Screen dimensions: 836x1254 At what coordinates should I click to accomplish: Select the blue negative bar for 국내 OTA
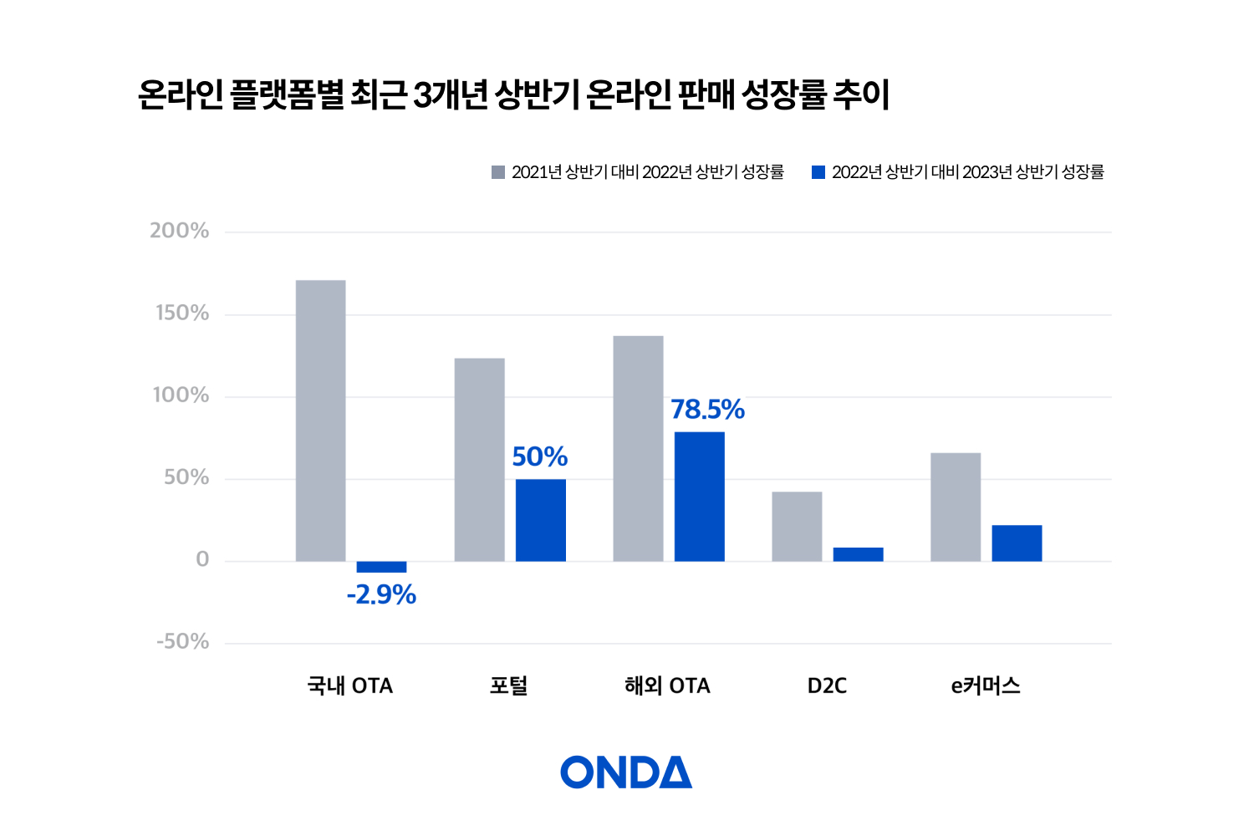(x=381, y=567)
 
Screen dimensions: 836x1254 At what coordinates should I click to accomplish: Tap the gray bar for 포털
(x=479, y=460)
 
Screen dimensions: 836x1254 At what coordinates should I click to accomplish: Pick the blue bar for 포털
(x=540, y=520)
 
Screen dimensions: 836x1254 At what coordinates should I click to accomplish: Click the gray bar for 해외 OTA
(x=638, y=448)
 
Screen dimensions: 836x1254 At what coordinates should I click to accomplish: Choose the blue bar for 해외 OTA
(x=699, y=497)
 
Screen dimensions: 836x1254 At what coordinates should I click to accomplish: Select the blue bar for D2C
(x=858, y=554)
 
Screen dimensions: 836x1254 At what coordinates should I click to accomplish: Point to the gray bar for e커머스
(x=955, y=507)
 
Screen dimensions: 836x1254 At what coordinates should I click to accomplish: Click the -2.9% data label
(x=381, y=594)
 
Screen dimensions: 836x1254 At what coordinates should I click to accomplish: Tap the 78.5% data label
(x=707, y=410)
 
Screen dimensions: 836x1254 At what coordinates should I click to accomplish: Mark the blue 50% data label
(x=540, y=457)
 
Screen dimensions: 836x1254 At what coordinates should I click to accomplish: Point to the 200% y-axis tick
(x=180, y=231)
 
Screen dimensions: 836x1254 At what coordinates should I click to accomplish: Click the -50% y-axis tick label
(x=183, y=641)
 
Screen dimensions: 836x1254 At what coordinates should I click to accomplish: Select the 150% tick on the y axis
(x=182, y=313)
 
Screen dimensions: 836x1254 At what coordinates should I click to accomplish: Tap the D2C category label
(x=827, y=686)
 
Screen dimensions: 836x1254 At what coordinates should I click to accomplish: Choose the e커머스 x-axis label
(x=986, y=686)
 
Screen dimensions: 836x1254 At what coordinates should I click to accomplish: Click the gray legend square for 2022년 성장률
(x=498, y=172)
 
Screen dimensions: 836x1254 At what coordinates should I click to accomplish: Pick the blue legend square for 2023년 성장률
(x=818, y=172)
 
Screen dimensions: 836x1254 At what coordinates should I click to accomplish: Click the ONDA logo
(x=626, y=772)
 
